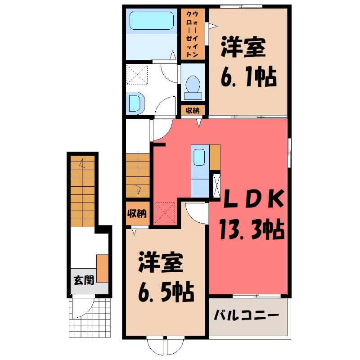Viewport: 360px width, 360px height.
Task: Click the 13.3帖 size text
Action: [251, 230]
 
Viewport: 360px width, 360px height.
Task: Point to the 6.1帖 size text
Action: [248, 78]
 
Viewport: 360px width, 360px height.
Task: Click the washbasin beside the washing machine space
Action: [135, 102]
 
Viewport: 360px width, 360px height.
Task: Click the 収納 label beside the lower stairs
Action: [136, 214]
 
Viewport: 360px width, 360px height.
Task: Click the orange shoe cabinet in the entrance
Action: [103, 268]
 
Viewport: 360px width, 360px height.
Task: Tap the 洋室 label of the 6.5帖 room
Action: [161, 263]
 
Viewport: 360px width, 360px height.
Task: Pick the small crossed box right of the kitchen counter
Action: [216, 184]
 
